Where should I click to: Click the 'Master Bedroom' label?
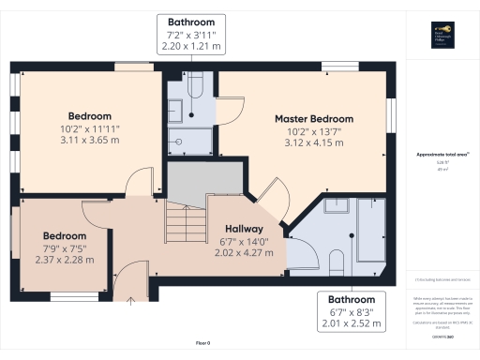313,119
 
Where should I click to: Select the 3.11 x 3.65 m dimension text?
89,140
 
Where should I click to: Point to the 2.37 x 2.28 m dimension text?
65,260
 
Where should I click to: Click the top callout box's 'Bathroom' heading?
191,22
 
